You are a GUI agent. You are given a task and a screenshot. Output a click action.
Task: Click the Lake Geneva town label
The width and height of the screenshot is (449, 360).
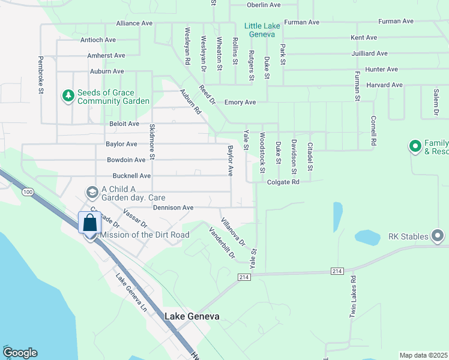(191, 316)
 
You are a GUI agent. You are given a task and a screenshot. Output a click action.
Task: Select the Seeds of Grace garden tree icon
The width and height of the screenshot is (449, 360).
(68, 96)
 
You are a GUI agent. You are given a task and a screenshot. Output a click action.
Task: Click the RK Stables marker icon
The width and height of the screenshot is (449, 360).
(437, 235)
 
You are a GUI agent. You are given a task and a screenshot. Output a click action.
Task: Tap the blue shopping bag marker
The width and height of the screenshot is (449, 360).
(90, 223)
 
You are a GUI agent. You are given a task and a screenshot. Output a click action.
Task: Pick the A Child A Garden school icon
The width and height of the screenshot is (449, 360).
(92, 192)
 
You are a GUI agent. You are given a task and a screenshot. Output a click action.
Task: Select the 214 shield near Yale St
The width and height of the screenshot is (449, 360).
(243, 277)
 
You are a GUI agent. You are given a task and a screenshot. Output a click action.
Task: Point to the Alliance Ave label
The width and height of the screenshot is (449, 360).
(134, 23)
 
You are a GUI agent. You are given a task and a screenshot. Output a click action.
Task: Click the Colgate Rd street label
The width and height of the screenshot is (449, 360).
(283, 182)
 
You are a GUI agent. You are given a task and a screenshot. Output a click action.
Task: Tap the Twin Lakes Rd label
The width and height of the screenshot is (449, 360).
(354, 295)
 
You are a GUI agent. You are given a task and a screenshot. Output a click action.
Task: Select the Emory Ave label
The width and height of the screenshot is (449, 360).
(240, 103)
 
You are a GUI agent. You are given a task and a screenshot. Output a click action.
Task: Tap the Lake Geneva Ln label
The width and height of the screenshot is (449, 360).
(131, 293)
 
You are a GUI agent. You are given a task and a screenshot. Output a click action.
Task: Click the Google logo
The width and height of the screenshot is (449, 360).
(19, 353)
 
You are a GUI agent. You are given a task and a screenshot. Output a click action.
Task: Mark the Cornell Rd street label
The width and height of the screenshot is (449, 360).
(373, 131)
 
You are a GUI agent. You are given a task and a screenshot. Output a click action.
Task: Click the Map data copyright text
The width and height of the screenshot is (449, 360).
(424, 355)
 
